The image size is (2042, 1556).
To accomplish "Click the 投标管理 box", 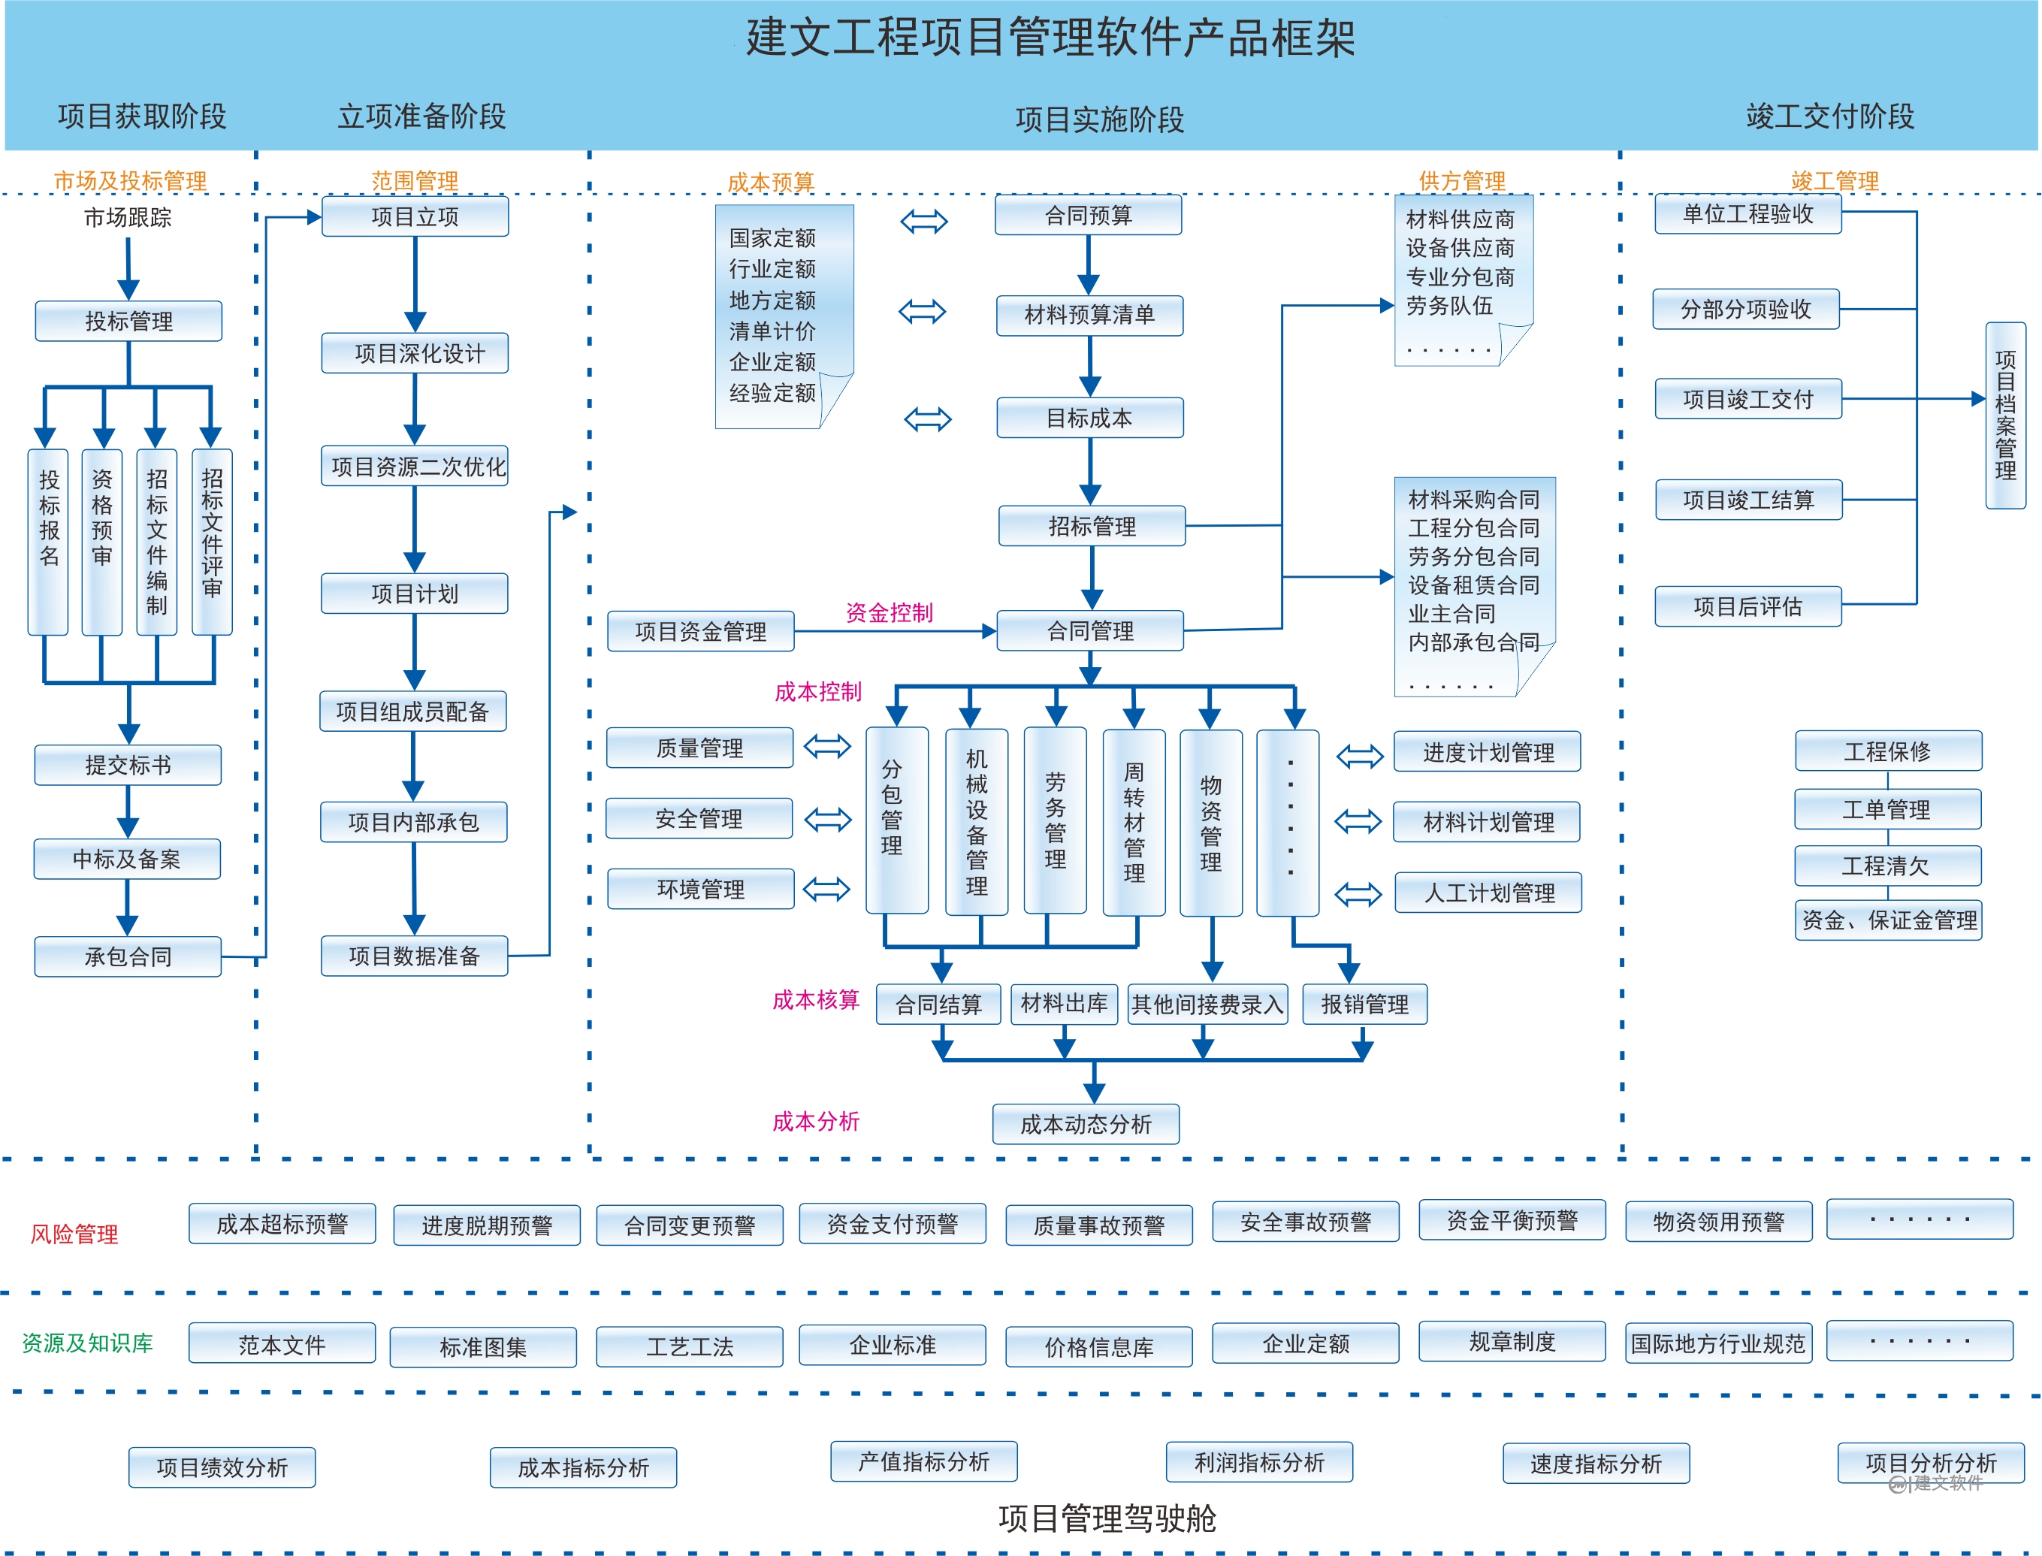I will [128, 322].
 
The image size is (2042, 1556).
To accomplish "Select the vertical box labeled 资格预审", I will [102, 542].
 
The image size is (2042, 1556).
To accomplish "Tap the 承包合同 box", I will [128, 956].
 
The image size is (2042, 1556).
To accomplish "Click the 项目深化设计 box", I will [415, 353].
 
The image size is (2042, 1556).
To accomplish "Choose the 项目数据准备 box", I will [414, 956].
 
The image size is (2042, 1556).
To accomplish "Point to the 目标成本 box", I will [1089, 418].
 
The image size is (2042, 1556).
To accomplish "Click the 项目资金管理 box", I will [701, 632].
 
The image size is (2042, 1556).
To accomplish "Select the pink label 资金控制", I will [889, 612].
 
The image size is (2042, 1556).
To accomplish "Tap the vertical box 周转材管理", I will [1134, 821].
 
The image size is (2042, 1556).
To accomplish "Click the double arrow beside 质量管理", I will [827, 747].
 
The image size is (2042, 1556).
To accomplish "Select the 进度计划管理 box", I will [1488, 752].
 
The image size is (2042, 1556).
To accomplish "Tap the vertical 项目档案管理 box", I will [2005, 415].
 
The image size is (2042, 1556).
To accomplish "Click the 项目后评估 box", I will [1747, 606].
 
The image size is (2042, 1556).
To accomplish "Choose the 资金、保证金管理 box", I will [1888, 920].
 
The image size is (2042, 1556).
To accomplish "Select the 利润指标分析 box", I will [1258, 1462].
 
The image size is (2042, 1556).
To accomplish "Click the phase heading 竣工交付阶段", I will [1830, 116].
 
